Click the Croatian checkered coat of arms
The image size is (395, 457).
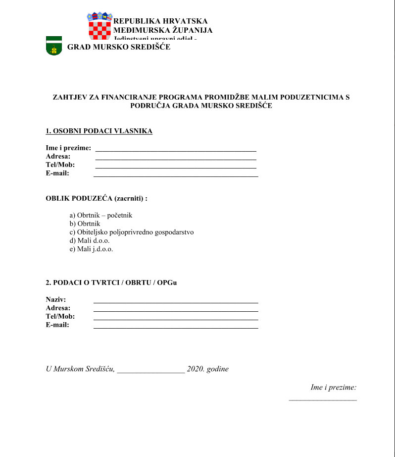(99, 26)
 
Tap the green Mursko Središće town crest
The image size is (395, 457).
(53, 46)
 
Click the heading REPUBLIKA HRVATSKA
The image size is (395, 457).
(160, 21)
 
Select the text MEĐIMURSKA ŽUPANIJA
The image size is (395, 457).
(163, 30)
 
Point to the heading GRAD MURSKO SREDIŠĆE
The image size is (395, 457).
(118, 47)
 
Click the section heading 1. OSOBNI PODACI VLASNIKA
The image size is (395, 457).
(99, 131)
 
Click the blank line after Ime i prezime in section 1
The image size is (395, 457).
(176, 150)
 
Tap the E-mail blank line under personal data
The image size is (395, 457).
(176, 176)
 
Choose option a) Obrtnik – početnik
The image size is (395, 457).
(101, 216)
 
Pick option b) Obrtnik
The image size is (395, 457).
(85, 224)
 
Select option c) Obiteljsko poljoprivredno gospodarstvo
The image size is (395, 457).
(132, 232)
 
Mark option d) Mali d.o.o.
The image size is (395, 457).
(90, 241)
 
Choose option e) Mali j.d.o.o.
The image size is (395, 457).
(92, 249)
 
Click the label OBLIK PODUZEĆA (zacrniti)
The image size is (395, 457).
(97, 199)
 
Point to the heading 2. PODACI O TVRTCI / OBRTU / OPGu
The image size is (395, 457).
(111, 283)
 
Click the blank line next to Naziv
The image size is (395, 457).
(176, 302)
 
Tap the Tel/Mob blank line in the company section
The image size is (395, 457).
(176, 319)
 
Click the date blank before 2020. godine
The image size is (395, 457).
(151, 371)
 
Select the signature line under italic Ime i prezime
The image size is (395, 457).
(323, 399)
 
